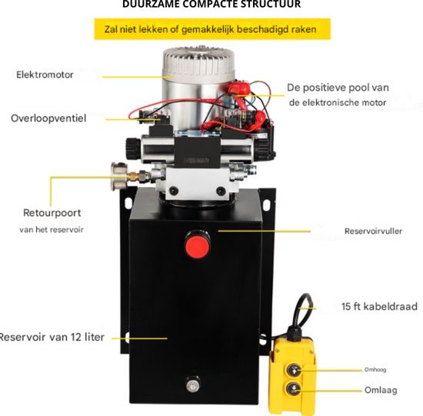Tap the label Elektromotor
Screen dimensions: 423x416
[45, 75]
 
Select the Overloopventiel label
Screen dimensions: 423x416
[48, 118]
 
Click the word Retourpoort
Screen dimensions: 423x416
[52, 213]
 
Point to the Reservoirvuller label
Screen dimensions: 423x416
[373, 231]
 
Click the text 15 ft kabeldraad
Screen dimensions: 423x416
[379, 307]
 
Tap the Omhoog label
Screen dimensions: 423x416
[375, 370]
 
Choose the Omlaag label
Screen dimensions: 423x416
[381, 390]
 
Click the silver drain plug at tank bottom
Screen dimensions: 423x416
[192, 384]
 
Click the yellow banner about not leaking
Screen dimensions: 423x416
[212, 29]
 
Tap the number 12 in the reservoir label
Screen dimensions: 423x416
[76, 337]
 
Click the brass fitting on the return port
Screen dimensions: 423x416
[134, 176]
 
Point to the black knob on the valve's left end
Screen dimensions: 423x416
[133, 148]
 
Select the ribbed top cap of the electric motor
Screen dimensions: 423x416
[198, 62]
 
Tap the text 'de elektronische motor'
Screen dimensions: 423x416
[338, 102]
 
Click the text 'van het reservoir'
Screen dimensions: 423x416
[52, 230]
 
